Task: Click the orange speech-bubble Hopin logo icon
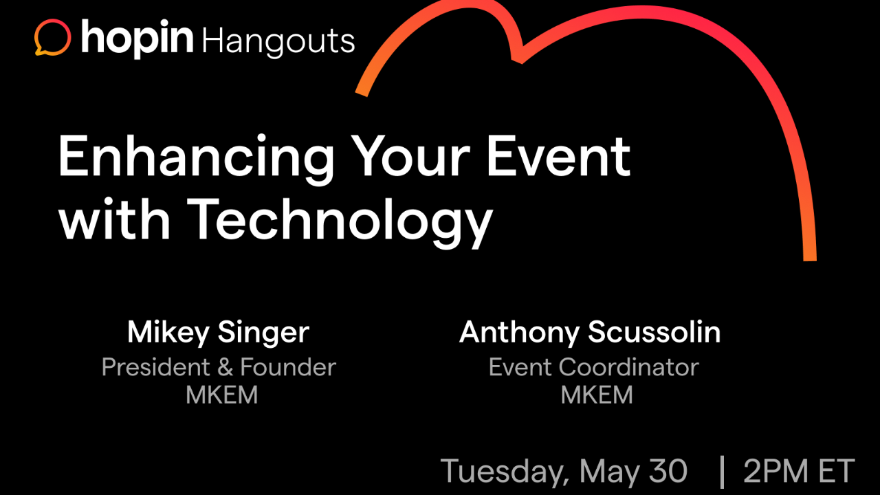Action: click(x=52, y=38)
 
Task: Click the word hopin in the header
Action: click(x=137, y=38)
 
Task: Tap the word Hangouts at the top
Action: click(x=278, y=41)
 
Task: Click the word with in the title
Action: click(x=115, y=219)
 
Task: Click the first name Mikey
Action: click(x=168, y=333)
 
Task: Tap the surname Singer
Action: click(x=263, y=333)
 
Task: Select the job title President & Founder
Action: click(x=219, y=367)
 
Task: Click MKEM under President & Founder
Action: click(x=221, y=395)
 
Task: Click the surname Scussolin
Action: click(x=655, y=333)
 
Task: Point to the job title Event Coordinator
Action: click(x=593, y=367)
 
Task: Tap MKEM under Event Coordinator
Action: click(x=596, y=395)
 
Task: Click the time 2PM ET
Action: click(x=798, y=471)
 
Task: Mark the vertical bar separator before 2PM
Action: click(x=722, y=472)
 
